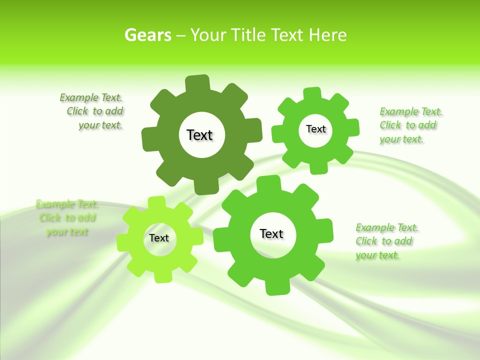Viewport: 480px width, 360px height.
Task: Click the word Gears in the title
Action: (x=147, y=35)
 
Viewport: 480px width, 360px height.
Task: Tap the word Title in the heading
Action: (x=248, y=35)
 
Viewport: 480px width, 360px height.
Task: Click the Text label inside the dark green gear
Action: (x=199, y=135)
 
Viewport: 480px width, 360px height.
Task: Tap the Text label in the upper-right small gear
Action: (x=315, y=129)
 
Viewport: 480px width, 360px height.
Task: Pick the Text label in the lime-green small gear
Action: (x=159, y=238)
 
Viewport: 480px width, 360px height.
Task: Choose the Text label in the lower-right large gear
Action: (x=271, y=233)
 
